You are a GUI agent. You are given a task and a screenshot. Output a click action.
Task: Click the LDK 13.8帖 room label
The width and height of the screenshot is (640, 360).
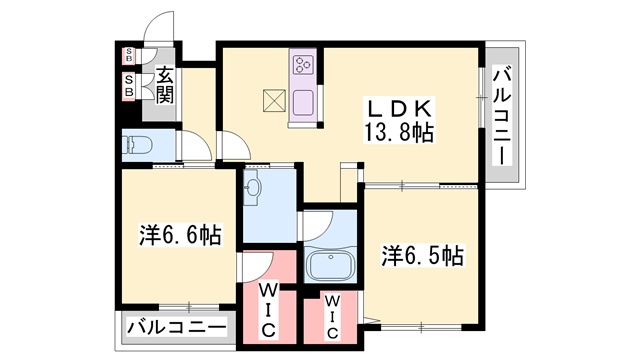(397, 119)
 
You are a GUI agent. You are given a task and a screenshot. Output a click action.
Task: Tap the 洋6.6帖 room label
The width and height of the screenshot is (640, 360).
(180, 236)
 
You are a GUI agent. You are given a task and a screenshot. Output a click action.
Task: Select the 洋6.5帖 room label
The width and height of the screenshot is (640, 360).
(421, 255)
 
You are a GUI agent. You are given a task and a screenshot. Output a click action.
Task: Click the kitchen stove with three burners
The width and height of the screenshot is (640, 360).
(303, 65)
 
